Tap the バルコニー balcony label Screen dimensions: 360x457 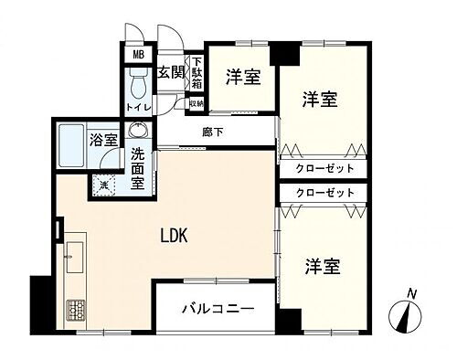coord(216,307)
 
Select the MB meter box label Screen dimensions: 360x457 coord(138,54)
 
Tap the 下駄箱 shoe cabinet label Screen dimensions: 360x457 coord(196,74)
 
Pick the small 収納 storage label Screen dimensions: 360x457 coord(196,103)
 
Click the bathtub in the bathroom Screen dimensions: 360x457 coord(74,144)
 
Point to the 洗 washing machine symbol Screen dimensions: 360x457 coord(105,185)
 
